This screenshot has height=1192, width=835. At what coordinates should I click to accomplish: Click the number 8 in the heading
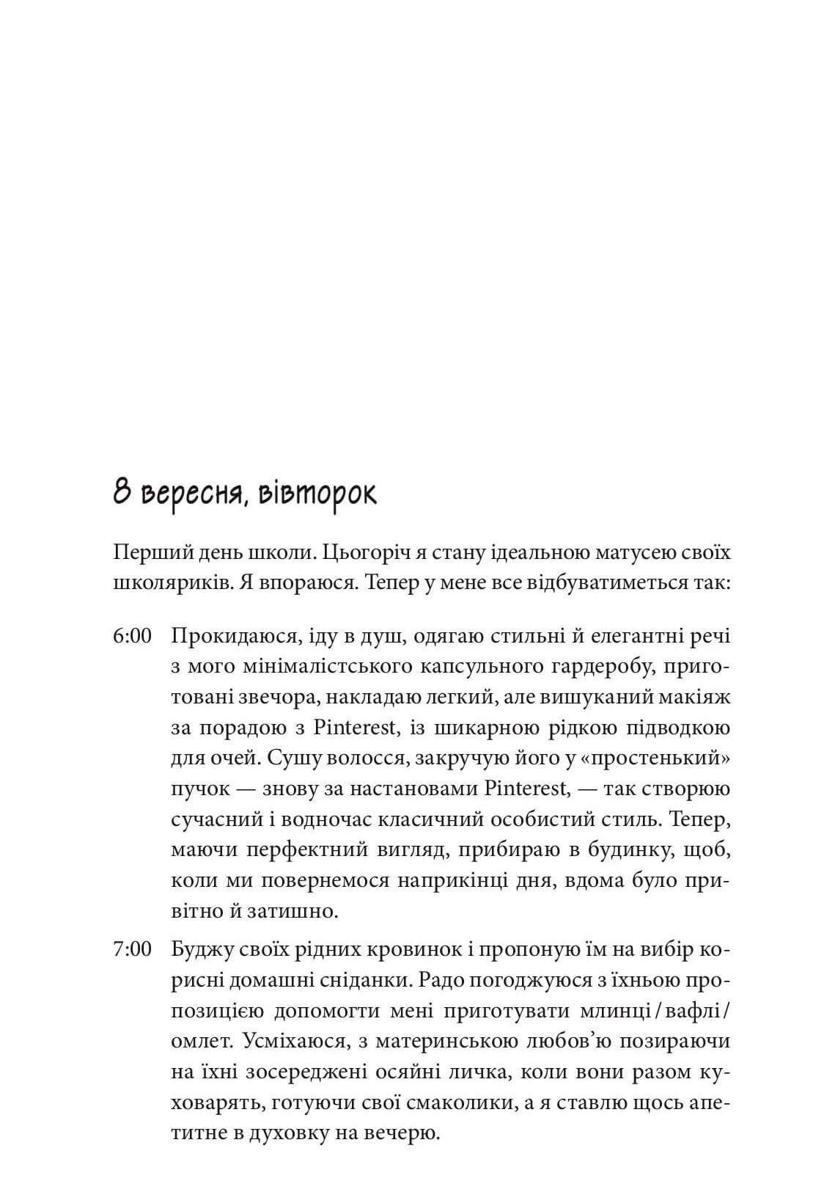(122, 493)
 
